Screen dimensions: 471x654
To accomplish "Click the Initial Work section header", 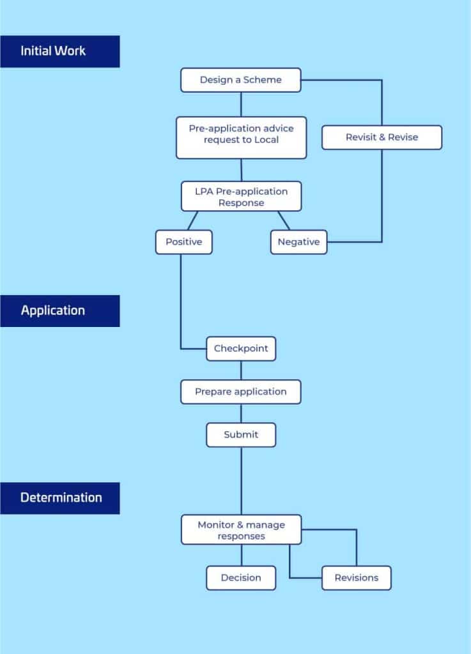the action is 59,51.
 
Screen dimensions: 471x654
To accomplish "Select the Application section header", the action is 59,311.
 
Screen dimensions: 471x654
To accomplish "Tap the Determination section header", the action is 59,498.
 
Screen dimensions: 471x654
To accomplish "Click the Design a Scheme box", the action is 241,80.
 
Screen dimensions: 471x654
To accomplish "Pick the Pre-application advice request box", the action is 241,138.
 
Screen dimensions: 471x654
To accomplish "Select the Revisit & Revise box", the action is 382,137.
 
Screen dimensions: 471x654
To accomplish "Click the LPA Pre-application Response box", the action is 241,196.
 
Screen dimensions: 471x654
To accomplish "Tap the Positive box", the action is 184,242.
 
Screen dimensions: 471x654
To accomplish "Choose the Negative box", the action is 298,242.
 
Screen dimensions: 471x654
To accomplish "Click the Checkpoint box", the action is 241,349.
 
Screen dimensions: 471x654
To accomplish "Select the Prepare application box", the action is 241,392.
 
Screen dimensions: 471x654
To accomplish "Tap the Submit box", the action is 241,435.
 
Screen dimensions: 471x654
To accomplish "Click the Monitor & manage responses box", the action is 241,529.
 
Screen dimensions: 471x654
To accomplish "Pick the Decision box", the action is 241,578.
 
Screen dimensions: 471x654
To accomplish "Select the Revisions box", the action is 357,578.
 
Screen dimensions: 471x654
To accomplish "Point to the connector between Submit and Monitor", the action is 241,481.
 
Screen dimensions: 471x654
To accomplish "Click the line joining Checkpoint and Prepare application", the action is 241,370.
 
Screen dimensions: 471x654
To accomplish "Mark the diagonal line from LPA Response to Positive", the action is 193,220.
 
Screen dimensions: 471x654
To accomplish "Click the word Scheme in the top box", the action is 263,80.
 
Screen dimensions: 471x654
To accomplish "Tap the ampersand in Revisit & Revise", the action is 382,137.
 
